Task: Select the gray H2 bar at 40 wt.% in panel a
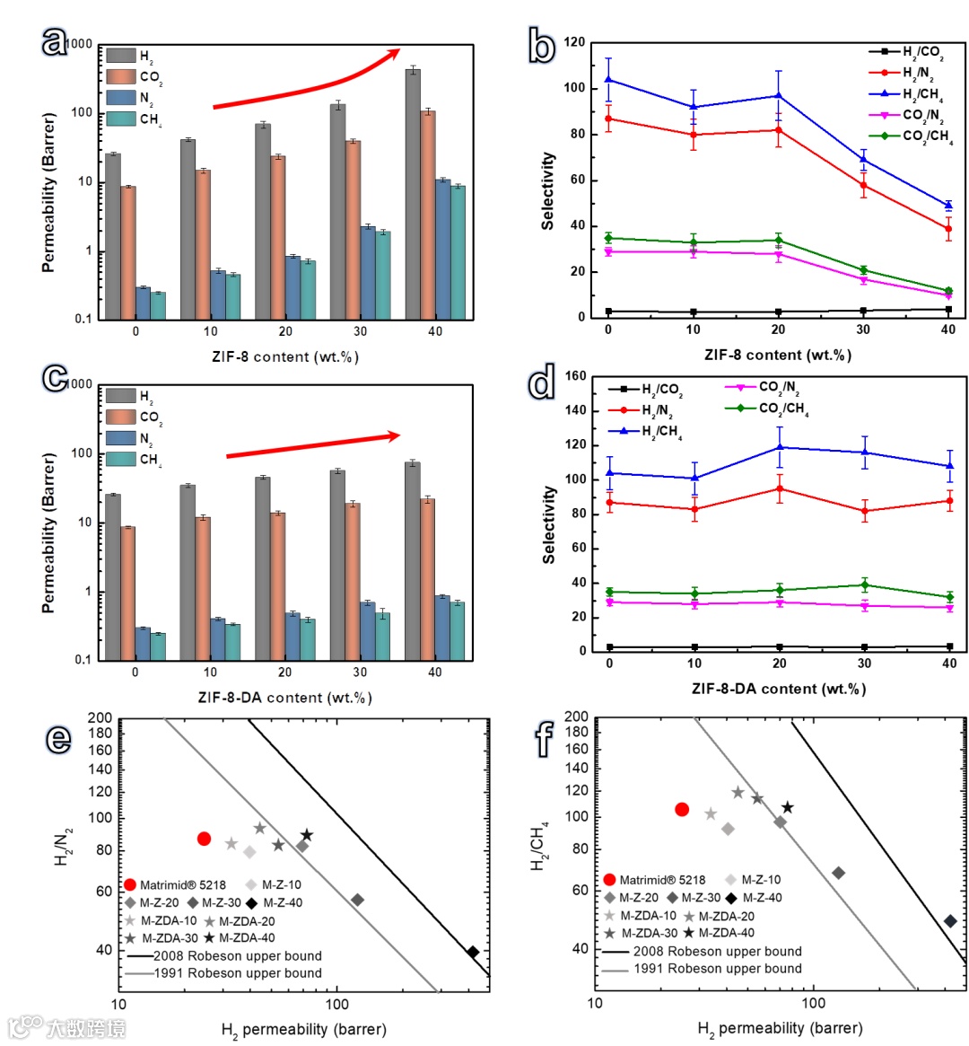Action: point(413,193)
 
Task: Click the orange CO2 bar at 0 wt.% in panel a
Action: point(128,252)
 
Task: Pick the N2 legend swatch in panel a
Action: point(121,97)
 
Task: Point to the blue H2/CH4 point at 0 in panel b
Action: point(608,79)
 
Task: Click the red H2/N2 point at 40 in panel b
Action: point(948,228)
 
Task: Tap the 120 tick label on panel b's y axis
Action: point(574,42)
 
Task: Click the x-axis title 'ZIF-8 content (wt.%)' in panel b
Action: point(778,355)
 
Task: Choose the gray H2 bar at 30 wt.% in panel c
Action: point(337,565)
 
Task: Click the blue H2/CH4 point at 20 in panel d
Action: point(779,446)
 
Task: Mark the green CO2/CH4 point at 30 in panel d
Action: point(864,585)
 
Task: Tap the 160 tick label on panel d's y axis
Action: point(575,376)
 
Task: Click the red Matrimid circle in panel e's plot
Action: point(204,839)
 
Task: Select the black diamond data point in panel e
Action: point(472,952)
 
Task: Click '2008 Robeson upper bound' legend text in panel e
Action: point(238,956)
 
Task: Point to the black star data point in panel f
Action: point(787,808)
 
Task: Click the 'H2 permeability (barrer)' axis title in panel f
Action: point(780,1028)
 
